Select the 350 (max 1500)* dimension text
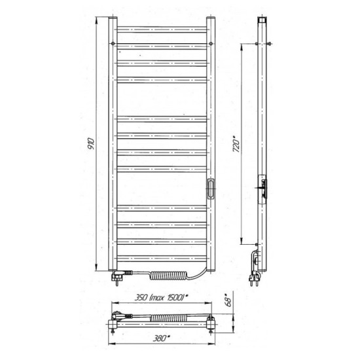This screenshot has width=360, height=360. pos(161,297)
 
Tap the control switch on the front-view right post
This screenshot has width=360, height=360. pos(211,188)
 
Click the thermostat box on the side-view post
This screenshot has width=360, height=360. pos(261,187)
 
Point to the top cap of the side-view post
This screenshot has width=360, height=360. pos(261,19)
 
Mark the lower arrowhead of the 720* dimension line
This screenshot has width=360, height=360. pos(243,240)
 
